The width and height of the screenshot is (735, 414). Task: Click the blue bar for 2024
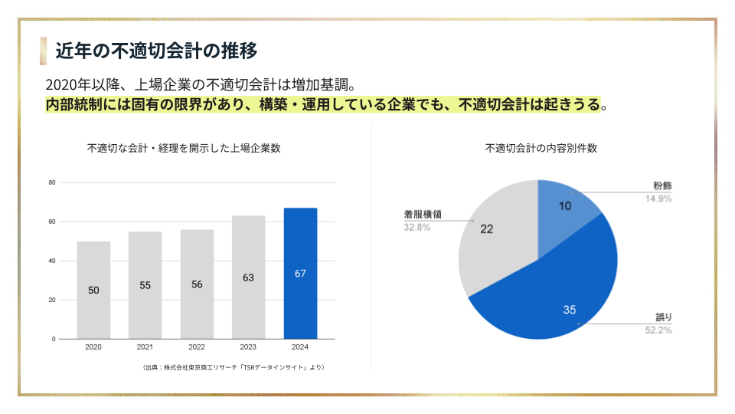click(300, 273)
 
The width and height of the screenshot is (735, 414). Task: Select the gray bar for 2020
click(93, 290)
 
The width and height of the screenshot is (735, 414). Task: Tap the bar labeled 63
click(248, 278)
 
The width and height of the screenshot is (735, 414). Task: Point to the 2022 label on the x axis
click(197, 347)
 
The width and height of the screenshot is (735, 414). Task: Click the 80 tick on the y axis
click(52, 182)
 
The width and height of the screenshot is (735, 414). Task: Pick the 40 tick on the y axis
click(52, 261)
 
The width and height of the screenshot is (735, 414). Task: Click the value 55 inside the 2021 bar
click(145, 285)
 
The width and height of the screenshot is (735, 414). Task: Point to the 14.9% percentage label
click(658, 199)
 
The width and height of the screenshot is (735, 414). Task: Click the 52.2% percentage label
click(658, 330)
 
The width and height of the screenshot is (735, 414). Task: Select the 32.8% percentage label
click(417, 228)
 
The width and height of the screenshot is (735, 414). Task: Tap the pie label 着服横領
click(423, 215)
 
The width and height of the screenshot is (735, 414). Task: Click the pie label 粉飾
click(663, 186)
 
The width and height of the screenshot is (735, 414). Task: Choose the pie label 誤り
click(664, 317)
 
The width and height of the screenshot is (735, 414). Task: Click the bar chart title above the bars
click(184, 148)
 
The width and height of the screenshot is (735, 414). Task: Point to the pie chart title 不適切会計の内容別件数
click(541, 148)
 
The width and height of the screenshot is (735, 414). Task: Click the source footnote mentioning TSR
click(234, 367)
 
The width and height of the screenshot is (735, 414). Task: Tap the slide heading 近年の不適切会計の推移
click(156, 51)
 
